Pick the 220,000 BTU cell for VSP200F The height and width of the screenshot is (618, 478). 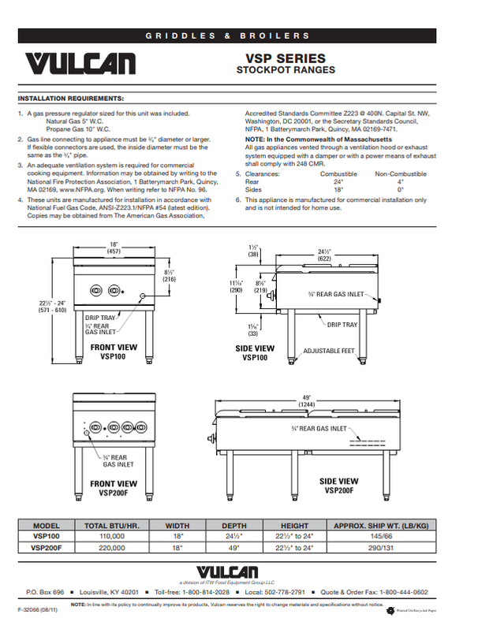click(x=111, y=546)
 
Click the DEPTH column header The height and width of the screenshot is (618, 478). click(x=234, y=525)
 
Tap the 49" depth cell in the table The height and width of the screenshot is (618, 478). click(x=234, y=546)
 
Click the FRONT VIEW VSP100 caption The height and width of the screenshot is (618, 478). click(x=113, y=351)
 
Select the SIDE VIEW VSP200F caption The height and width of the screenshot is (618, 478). click(x=338, y=485)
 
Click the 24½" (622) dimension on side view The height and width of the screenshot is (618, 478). click(x=324, y=254)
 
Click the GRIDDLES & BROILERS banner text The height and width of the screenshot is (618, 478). click(x=238, y=36)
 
